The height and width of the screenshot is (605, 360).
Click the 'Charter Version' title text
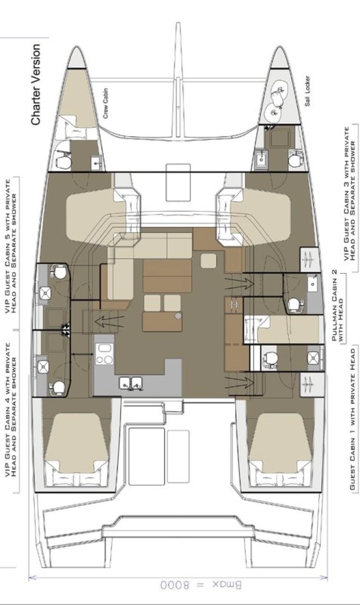click(36, 85)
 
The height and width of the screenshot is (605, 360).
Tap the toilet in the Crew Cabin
click(63, 161)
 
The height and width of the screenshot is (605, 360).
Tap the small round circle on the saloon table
click(179, 317)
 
